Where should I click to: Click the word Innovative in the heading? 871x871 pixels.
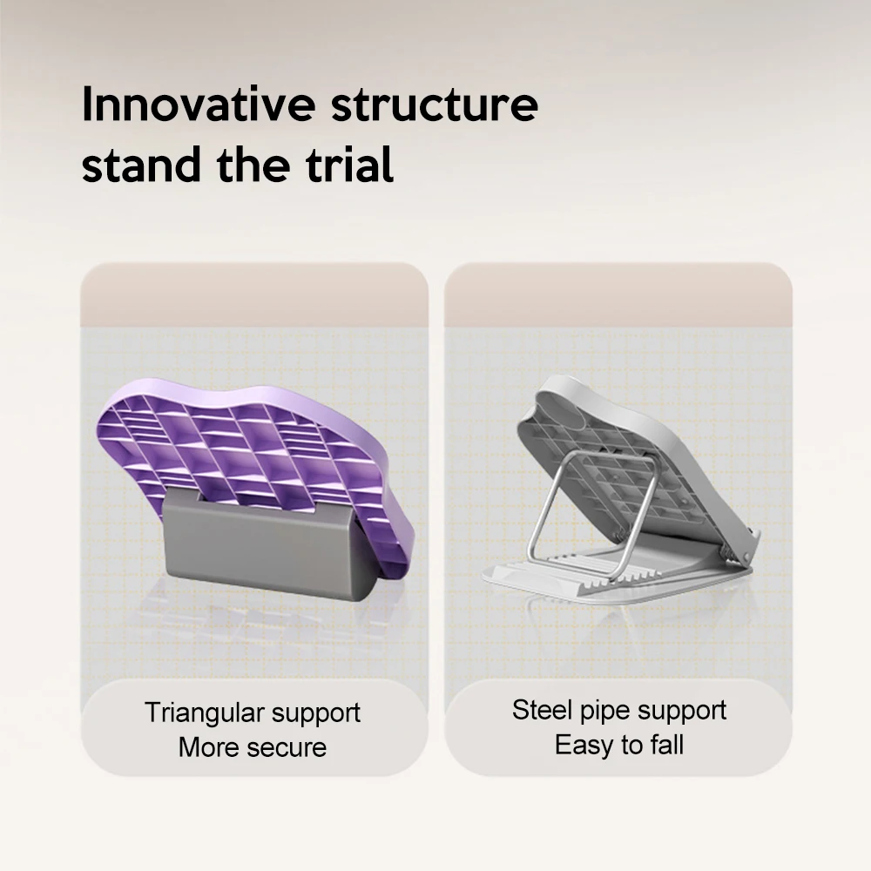199,104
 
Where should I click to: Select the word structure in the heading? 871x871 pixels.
435,105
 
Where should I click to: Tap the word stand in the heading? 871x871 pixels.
141,165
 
